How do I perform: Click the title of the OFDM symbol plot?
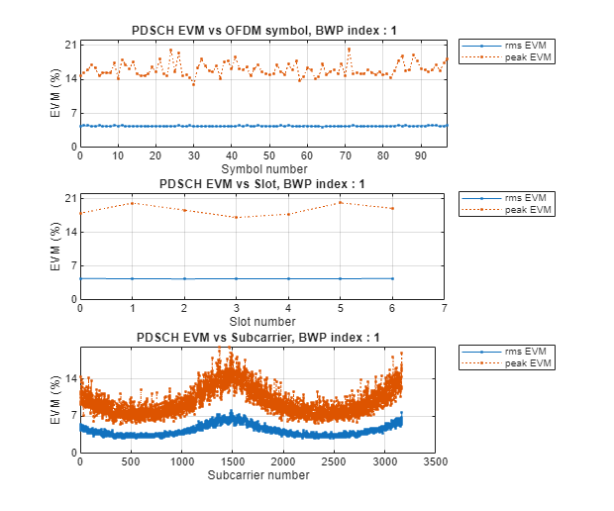[261, 31]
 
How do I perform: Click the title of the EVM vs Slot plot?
[261, 184]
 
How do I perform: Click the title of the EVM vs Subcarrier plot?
[261, 338]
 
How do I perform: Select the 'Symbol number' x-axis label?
[261, 168]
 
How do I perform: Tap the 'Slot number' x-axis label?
[261, 321]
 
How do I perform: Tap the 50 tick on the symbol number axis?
[268, 155]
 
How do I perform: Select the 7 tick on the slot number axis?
[444, 308]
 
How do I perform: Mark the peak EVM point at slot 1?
[132, 203]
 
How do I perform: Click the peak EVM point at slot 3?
[236, 218]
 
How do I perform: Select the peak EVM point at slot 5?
[340, 203]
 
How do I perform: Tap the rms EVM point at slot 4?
[288, 278]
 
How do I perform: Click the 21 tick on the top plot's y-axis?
[69, 46]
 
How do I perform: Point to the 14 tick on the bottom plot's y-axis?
[69, 378]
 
